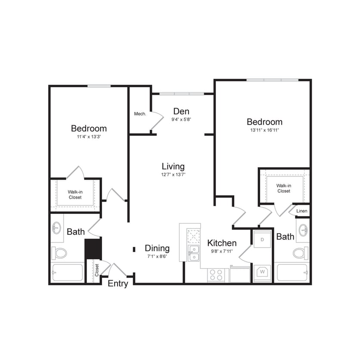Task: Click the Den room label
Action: [181, 111]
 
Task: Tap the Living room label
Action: [173, 166]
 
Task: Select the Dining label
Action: [157, 248]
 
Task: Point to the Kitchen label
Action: [222, 243]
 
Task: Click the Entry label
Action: [118, 284]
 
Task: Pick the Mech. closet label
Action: [140, 114]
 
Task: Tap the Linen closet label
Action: [302, 211]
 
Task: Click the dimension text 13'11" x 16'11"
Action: [264, 130]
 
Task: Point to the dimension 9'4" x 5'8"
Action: [181, 120]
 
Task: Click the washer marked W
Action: [262, 272]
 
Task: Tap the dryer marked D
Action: [262, 240]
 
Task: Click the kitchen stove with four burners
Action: [216, 274]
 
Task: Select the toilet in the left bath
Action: [59, 253]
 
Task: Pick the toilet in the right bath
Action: [301, 253]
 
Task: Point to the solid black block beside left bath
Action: [92, 249]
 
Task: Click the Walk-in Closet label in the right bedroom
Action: [283, 188]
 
